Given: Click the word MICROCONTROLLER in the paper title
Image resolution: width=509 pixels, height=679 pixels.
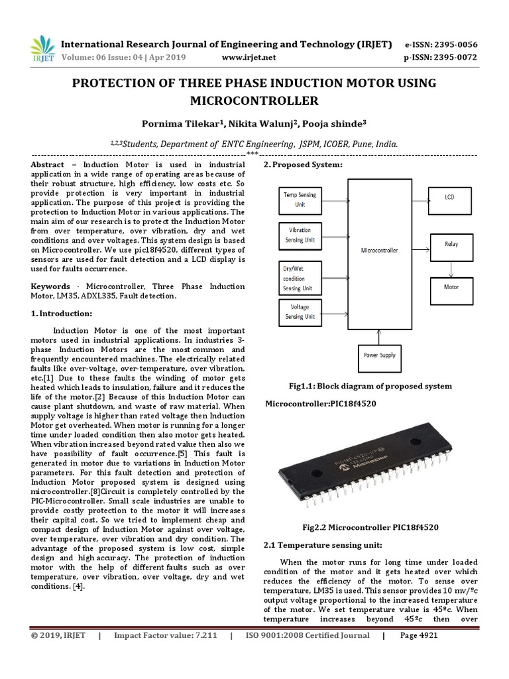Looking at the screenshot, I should pyautogui.click(x=254, y=101).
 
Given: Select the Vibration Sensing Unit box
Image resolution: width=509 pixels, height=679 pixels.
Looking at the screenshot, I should pyautogui.click(x=300, y=235).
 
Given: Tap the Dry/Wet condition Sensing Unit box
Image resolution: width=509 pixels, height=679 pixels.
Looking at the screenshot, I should pyautogui.click(x=300, y=278).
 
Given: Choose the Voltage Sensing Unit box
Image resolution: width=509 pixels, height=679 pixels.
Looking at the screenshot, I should pyautogui.click(x=300, y=312).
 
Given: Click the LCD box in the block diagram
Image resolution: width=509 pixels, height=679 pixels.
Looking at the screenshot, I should pyautogui.click(x=450, y=197).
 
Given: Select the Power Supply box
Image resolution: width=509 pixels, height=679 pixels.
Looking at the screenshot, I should pyautogui.click(x=379, y=355).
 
